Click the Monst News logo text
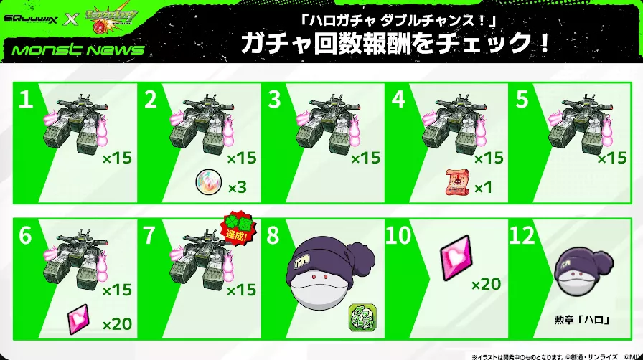click(x=73, y=49)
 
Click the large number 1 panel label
click(x=26, y=101)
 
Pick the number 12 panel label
click(x=528, y=236)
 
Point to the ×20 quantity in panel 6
click(x=117, y=324)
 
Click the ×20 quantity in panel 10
click(x=486, y=285)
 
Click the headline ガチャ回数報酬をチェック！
click(x=396, y=43)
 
